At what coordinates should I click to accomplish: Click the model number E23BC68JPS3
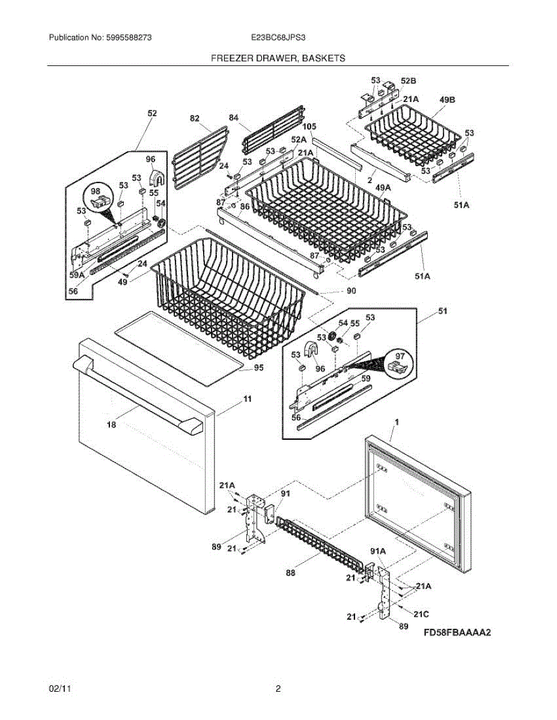pos(279,38)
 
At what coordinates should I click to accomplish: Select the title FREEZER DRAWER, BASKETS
pos(278,58)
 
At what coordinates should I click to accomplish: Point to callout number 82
pos(195,119)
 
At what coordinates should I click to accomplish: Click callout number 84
pos(233,117)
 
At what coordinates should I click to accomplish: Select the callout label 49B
pos(448,101)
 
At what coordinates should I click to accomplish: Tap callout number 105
pos(309,127)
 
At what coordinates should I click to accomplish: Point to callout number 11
pos(248,398)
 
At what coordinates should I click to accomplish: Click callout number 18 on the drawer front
pos(111,425)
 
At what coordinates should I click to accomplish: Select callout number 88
pos(291,573)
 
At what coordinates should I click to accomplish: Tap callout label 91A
pos(378,551)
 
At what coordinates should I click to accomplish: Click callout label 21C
pos(421,613)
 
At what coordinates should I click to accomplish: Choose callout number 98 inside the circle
pos(96,191)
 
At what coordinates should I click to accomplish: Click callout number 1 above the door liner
pos(397,423)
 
